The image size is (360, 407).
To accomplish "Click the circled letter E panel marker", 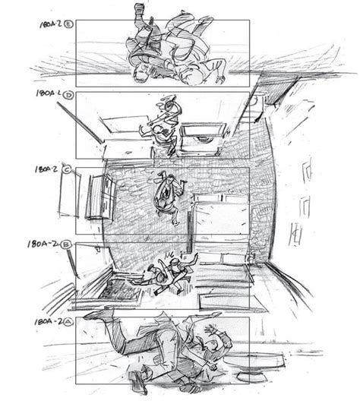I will coord(69,24).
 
